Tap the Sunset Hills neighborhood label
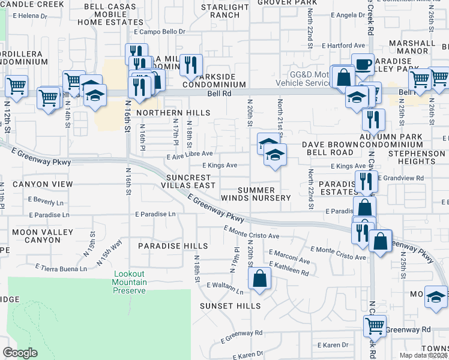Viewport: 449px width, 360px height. coord(231,306)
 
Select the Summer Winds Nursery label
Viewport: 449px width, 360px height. coord(256,194)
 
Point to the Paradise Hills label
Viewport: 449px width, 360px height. coord(173,246)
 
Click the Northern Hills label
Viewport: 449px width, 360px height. coord(173,113)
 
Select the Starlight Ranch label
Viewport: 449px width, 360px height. coord(225,11)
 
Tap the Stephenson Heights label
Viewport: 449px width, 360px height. coord(416,157)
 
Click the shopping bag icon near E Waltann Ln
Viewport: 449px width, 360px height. coord(259,278)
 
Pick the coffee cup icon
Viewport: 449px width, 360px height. coord(363,64)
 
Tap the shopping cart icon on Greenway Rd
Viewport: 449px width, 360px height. coord(375,326)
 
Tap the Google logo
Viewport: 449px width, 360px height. coord(20,353)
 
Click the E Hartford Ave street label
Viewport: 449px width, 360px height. coord(343,46)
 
